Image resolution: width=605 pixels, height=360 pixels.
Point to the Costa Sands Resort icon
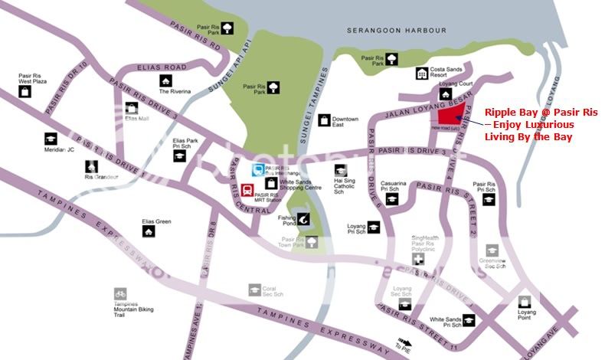coord(421,74)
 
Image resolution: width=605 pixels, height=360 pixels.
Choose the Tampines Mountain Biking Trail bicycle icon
coord(119,293)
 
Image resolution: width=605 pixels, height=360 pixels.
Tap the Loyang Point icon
coord(525,301)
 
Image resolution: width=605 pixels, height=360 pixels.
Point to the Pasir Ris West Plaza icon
coord(25,91)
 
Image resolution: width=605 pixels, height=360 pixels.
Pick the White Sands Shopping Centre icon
coord(270,183)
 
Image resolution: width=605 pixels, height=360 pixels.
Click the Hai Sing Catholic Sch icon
coord(339,170)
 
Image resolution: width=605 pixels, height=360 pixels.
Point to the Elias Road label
coord(164,67)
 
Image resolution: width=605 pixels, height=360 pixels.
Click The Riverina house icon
coord(165,80)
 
